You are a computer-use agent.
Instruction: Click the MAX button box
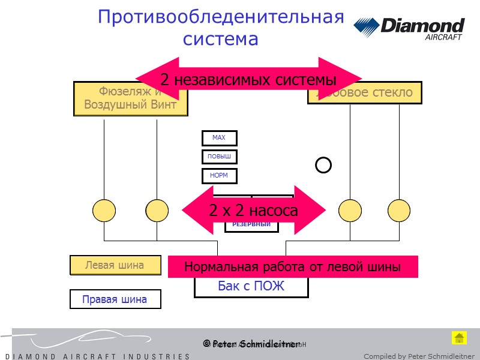tap(219, 138)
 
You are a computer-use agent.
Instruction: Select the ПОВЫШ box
tap(219, 157)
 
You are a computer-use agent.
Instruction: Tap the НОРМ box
tap(219, 176)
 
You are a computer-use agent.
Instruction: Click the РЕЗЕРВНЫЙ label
tap(251, 225)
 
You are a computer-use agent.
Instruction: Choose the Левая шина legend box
tap(115, 265)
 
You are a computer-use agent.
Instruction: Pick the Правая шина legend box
tap(115, 299)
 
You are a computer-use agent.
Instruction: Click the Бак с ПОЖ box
tap(251, 287)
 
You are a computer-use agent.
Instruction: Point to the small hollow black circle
tap(323, 164)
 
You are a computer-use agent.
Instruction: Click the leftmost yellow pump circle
tap(104, 211)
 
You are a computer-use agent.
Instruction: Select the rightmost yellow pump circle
tap(398, 211)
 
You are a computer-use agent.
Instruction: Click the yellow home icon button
tap(459, 337)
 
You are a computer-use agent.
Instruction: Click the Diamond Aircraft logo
tap(409, 28)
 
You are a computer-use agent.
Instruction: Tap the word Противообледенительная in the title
tap(221, 17)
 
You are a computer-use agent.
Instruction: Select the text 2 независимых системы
tap(248, 79)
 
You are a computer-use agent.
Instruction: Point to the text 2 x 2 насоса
tap(253, 211)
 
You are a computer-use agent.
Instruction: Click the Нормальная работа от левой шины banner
tap(292, 267)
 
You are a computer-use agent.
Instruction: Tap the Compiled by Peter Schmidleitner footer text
tap(419, 356)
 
